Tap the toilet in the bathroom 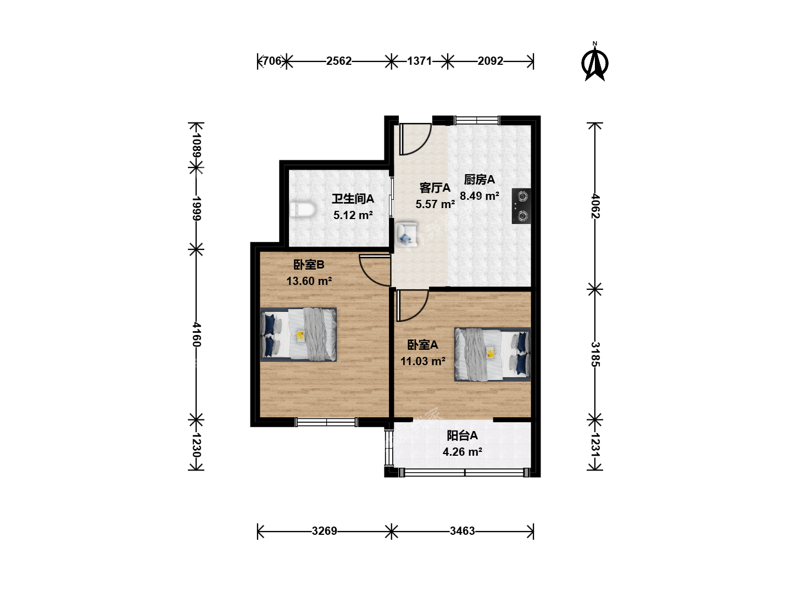[x=303, y=210]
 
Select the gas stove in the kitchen [x=521, y=206]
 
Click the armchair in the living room [x=406, y=234]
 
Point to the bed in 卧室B [x=298, y=334]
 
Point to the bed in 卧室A [x=492, y=354]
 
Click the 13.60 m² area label [x=309, y=281]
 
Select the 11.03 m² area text [x=423, y=361]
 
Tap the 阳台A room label [x=463, y=435]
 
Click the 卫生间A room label [x=353, y=199]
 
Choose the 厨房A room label [x=480, y=180]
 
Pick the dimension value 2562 [x=339, y=61]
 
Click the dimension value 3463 [x=463, y=531]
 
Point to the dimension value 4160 [x=197, y=334]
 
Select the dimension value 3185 [x=595, y=354]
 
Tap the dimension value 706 [x=272, y=61]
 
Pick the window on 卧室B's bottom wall [x=326, y=422]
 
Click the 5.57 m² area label [x=435, y=204]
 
